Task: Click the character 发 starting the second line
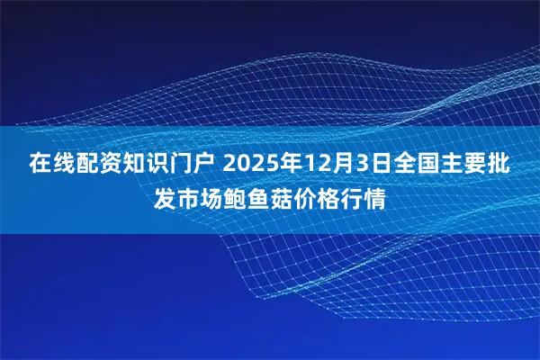tap(165, 198)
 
